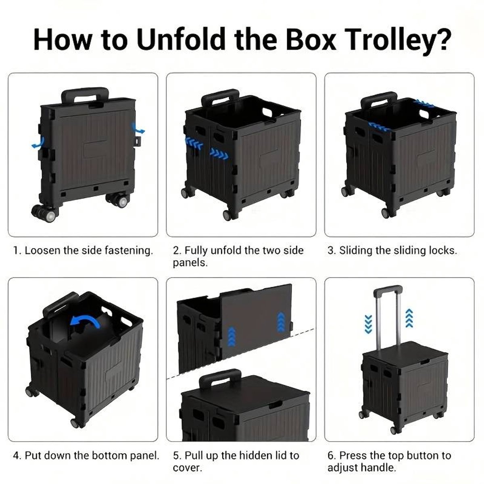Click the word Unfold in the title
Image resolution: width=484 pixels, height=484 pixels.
pyautogui.click(x=181, y=40)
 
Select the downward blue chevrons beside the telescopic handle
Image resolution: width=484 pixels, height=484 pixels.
pyautogui.click(x=368, y=324)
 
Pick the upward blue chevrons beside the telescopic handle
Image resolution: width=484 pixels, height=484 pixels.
pyautogui.click(x=409, y=318)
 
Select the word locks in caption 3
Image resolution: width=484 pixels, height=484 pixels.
pyautogui.click(x=443, y=250)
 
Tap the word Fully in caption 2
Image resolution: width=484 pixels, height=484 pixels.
pyautogui.click(x=196, y=250)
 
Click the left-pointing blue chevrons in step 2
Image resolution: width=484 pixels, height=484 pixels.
pyautogui.click(x=194, y=143)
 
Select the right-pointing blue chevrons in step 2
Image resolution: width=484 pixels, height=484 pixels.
pyautogui.click(x=219, y=153)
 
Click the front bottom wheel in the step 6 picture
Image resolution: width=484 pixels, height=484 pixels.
pyautogui.click(x=394, y=430)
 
